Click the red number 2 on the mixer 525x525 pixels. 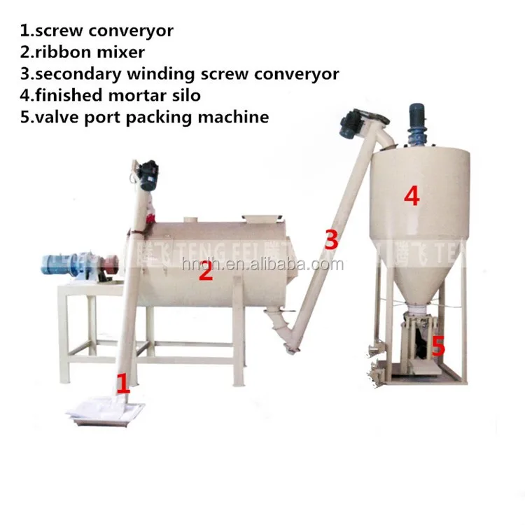[x=204, y=271]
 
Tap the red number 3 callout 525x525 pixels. [x=331, y=239]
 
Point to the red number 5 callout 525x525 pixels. [x=437, y=345]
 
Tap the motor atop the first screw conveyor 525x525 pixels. [x=148, y=175]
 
